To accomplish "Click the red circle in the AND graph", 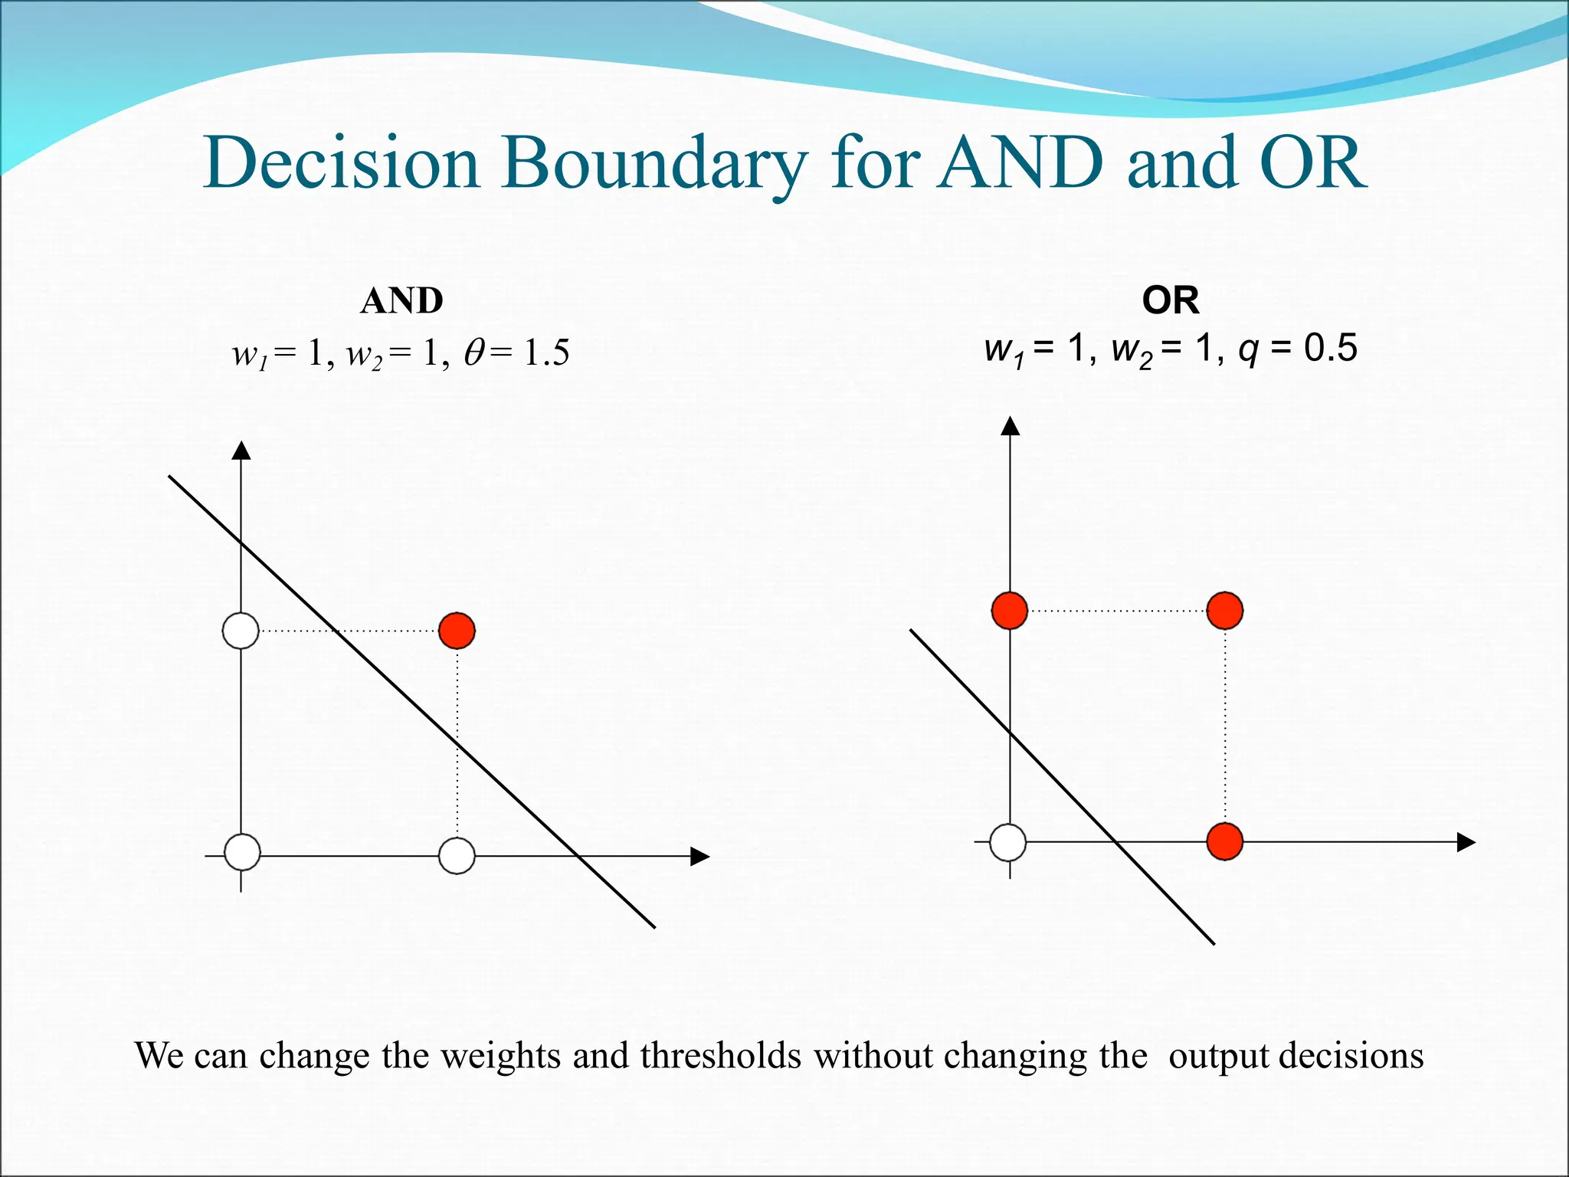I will pos(457,631).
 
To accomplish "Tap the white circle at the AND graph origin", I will pos(242,853).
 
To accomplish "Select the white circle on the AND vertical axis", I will pos(241,631).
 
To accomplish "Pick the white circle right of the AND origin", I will pos(457,855).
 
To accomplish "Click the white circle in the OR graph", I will pos(1008,842).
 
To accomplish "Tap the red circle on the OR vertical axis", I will pos(1010,611).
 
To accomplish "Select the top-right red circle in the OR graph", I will pos(1224,611).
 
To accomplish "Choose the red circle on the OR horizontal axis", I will pos(1224,841).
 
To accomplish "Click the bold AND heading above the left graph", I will pos(401,301).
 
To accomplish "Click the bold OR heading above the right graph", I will pos(1170,300).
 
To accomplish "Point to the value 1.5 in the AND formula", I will pos(547,353).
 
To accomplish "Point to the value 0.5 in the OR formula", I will pos(1331,349).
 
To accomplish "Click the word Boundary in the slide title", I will pos(655,164).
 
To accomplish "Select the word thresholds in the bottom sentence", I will pos(721,1055).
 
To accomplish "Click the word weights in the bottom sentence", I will pos(502,1057).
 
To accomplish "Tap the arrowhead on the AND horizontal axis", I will pos(699,857).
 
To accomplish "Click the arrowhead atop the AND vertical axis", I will pos(241,451).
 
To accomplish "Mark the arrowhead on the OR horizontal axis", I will pos(1466,842).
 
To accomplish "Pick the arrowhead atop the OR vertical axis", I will pos(1011,425).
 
